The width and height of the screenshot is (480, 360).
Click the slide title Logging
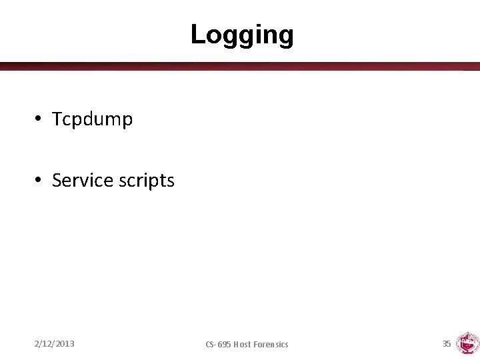[x=241, y=35]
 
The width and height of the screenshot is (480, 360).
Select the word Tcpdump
[x=92, y=119]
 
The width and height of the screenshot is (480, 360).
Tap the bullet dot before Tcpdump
[x=40, y=119]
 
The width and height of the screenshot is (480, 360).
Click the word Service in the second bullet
[x=80, y=180]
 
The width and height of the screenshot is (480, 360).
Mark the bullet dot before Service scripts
[x=40, y=180]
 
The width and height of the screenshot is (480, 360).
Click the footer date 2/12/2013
[x=54, y=344]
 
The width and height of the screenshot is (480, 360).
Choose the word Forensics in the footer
[x=273, y=344]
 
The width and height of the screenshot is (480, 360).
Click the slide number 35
[x=447, y=343]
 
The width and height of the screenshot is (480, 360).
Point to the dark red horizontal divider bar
[x=240, y=66]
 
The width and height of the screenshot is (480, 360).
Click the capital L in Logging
[x=197, y=34]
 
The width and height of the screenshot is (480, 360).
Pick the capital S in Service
[x=57, y=180]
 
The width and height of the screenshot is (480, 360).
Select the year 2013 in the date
[x=65, y=344]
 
